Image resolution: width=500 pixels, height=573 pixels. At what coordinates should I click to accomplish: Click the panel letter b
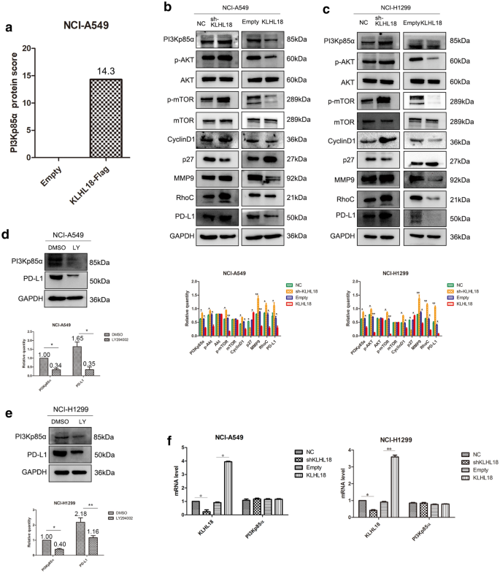[167, 7]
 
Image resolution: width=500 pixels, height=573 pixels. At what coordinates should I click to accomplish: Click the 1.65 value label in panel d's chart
[78, 339]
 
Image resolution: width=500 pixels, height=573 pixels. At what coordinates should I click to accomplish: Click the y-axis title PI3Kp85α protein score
[9, 102]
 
